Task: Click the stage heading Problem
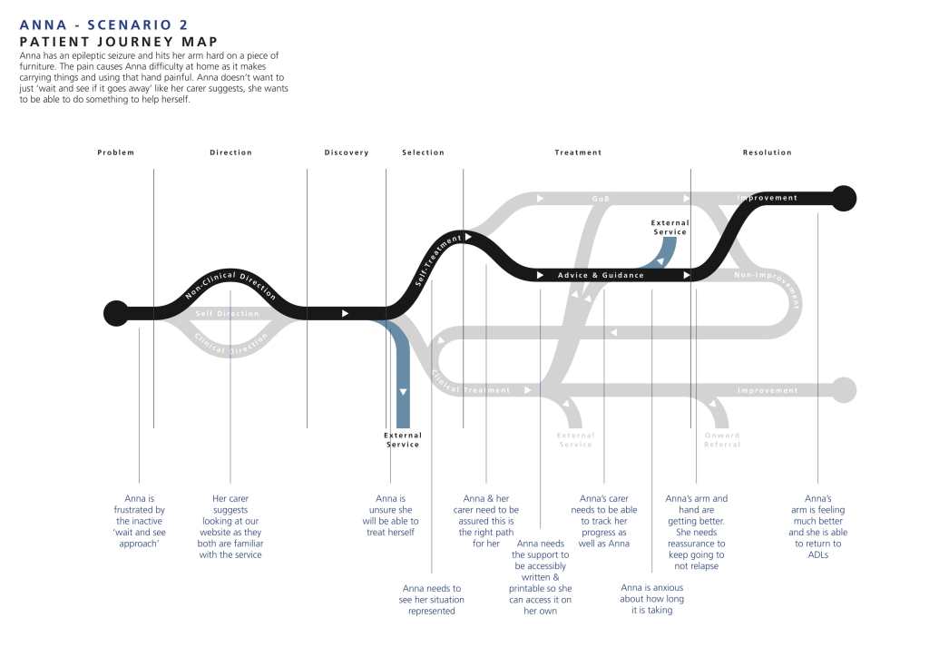pos(115,152)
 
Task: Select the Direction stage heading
pos(230,152)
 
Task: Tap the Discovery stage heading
pos(347,152)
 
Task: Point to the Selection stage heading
pos(423,152)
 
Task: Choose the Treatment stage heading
pos(578,152)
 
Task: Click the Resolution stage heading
pos(767,152)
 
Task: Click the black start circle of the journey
pos(116,313)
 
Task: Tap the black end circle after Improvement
pos(844,198)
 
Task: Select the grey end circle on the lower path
pos(844,390)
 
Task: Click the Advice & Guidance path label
pos(601,275)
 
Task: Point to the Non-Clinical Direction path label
pos(230,284)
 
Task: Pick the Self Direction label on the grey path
pos(227,314)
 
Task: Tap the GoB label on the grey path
pos(601,198)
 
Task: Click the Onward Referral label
pos(722,440)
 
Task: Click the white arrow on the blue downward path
pos(403,391)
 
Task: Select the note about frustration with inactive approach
pos(139,522)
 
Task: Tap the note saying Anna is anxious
pos(651,599)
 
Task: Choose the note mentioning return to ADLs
pos(817,526)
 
